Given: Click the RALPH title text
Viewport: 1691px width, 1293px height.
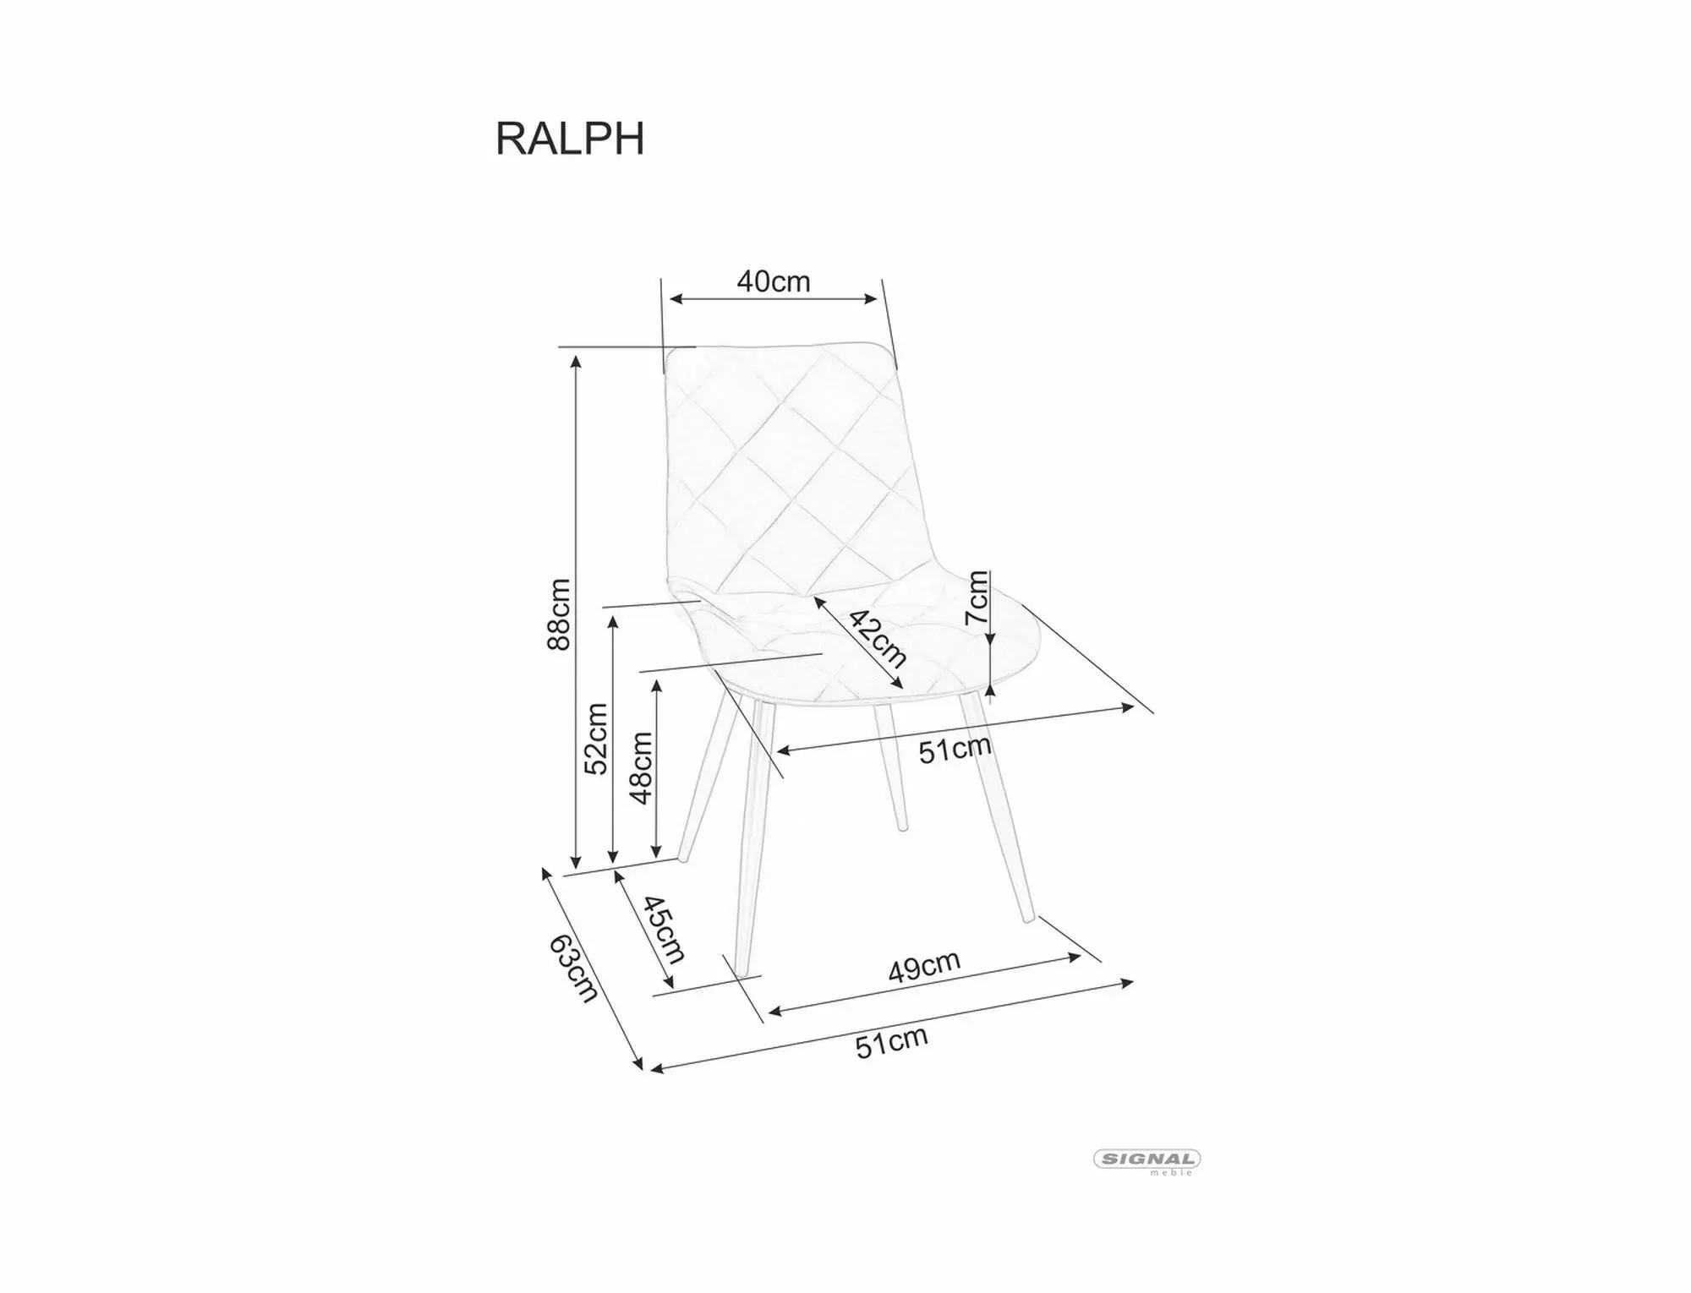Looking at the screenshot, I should (570, 139).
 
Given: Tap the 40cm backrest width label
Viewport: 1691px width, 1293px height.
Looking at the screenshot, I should (773, 281).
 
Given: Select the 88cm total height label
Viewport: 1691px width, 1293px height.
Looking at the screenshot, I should (560, 614).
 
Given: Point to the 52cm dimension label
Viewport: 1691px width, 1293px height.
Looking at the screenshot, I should (597, 739).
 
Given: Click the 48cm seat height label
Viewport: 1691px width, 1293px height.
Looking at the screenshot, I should (641, 767).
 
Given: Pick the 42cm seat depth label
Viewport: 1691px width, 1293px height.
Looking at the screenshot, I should (878, 639).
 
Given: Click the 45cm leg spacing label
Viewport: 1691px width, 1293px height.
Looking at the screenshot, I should (664, 930).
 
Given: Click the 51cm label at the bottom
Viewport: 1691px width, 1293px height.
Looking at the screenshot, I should (891, 1042).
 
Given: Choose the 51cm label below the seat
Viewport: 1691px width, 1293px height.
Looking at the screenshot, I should (955, 749).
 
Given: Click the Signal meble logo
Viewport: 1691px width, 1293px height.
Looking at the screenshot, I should (1147, 1160).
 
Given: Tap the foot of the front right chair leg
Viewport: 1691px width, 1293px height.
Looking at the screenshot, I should (1028, 917).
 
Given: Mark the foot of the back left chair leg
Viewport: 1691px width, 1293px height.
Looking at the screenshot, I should (683, 858).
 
